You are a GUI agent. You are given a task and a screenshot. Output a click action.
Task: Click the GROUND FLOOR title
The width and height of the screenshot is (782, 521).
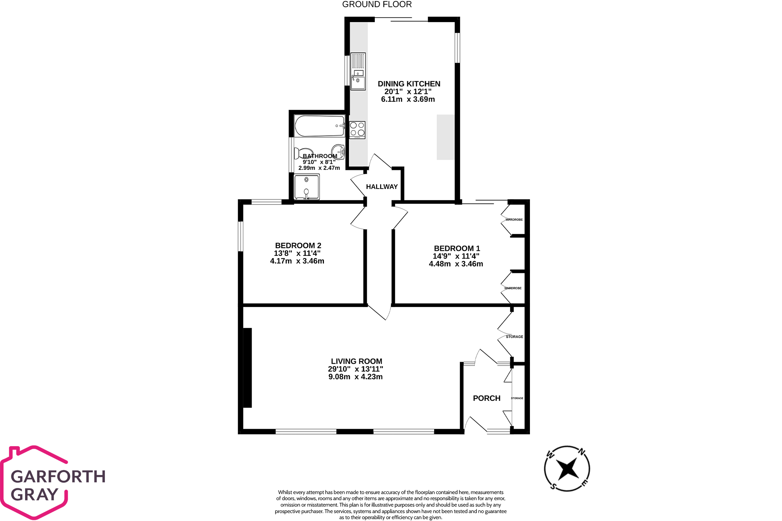point(377,5)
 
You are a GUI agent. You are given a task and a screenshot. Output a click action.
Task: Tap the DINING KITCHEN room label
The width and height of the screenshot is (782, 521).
point(409,84)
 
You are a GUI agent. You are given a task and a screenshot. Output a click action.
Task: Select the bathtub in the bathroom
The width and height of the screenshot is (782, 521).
point(320,126)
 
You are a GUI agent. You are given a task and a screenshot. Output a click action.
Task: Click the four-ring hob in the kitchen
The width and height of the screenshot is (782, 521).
point(357,130)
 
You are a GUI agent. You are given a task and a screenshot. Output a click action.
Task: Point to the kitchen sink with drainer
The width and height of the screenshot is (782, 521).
point(358,71)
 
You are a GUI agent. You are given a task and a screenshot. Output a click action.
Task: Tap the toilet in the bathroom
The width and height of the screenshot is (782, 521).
point(304,154)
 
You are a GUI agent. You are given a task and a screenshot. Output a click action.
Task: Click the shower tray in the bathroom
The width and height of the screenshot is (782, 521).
point(307,187)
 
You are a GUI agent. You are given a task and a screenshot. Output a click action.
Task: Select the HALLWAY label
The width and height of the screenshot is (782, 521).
point(382,187)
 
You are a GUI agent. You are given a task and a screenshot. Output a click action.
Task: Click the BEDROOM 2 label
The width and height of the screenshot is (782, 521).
point(298,245)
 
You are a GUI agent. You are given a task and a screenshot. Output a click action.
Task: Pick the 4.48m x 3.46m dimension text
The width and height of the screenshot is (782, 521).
point(456,264)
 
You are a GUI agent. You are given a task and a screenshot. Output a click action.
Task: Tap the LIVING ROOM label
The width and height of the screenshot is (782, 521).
point(357,361)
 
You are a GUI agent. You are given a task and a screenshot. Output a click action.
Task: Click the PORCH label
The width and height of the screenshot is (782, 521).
point(487,398)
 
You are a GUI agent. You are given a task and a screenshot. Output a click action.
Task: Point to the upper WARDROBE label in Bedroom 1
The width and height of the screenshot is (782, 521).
point(514,220)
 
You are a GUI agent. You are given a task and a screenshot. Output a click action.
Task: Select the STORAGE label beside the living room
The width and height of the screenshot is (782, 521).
point(514,337)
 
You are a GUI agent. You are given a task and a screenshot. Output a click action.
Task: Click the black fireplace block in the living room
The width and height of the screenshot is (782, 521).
point(247,367)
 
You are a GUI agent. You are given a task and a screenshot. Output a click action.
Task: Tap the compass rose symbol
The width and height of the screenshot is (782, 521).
point(567,469)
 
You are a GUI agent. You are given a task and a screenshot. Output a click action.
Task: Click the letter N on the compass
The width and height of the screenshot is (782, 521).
point(582,452)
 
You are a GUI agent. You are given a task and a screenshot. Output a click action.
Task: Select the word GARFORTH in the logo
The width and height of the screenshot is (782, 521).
point(58,477)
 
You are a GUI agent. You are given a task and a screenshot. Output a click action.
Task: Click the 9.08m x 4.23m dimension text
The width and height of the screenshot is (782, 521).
point(355,377)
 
